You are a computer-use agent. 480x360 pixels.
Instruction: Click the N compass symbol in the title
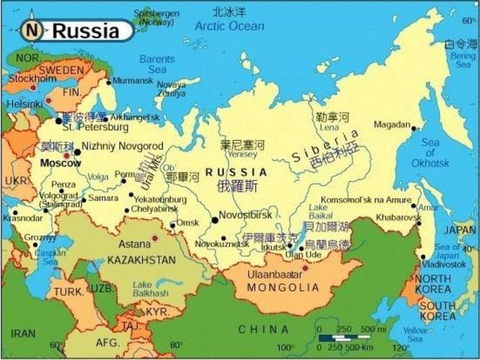pos(31,30)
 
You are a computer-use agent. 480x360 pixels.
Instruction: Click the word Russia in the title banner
pos(86,31)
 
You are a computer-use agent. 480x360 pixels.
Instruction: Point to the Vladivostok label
pos(445,264)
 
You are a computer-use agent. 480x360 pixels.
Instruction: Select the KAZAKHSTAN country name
pos(141,259)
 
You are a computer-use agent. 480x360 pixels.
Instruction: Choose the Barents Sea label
pos(157,64)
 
